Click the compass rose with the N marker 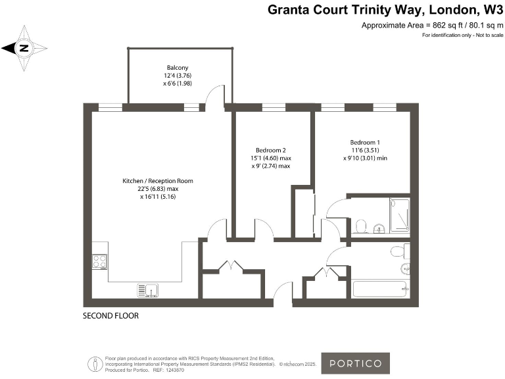point(24,47)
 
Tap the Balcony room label point(177,68)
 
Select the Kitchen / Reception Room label point(158,180)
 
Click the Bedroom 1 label point(365,143)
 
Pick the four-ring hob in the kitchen point(100,261)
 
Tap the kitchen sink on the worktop point(147,290)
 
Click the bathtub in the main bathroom point(381,289)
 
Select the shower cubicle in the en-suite point(399,215)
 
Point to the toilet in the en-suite point(360,227)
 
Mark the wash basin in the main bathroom point(406,268)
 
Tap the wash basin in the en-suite point(378,229)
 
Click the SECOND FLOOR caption point(110,316)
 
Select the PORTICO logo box point(355,363)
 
